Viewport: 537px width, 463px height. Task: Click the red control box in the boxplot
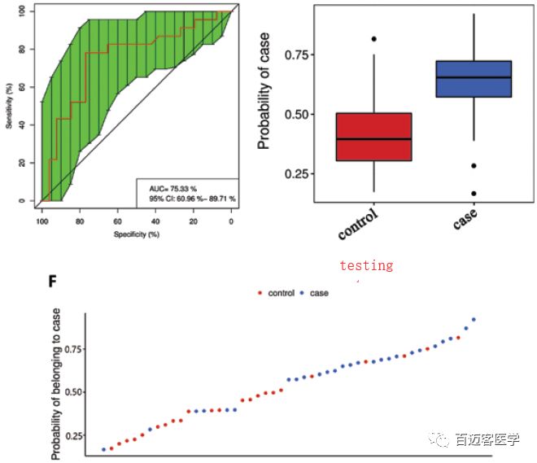tap(373, 137)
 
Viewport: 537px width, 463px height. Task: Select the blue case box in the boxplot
tap(474, 79)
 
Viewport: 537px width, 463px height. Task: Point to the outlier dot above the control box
tap(373, 39)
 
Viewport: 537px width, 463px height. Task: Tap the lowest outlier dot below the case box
tap(474, 194)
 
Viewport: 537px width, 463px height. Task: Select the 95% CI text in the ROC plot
tap(187, 198)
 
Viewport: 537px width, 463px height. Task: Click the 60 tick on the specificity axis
tap(117, 221)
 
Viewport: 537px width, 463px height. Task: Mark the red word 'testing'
tap(366, 265)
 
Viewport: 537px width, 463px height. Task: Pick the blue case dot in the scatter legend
tap(302, 293)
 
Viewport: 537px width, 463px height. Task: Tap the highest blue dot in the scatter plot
tap(474, 320)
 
